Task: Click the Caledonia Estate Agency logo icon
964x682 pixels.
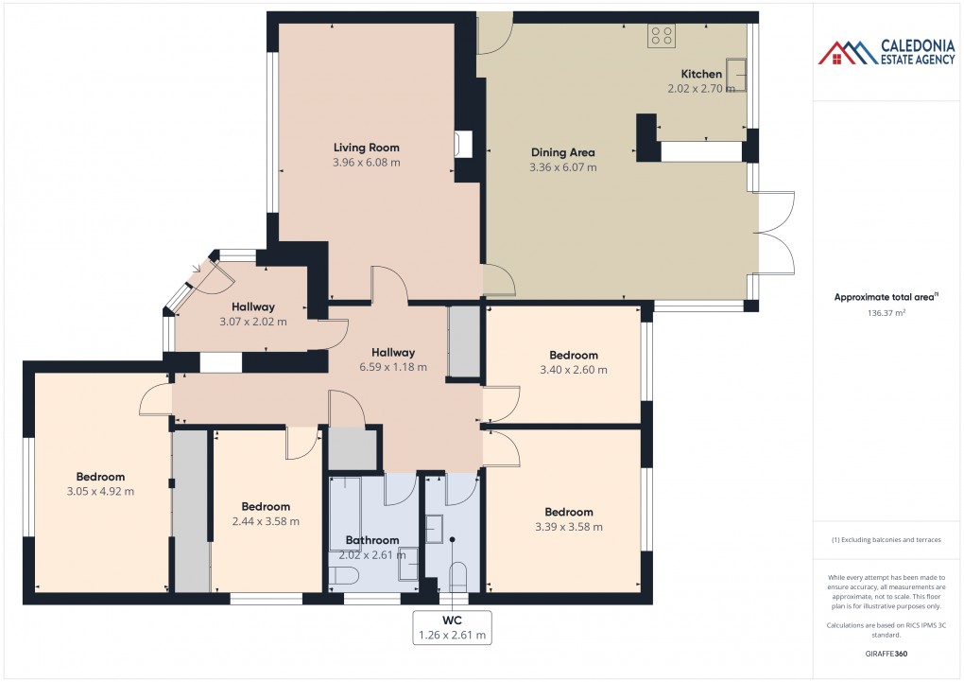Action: (x=848, y=52)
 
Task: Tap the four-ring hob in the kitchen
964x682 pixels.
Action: (x=661, y=36)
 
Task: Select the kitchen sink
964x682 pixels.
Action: (x=736, y=75)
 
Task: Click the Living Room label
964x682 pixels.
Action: (x=366, y=148)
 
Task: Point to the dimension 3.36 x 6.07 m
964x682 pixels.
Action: (x=563, y=167)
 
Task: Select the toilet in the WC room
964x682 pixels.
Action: (x=458, y=576)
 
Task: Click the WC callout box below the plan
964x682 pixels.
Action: (x=452, y=627)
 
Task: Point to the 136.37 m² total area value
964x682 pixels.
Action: (x=887, y=313)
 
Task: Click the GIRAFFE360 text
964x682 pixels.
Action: (x=887, y=654)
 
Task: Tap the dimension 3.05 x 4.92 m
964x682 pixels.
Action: (x=100, y=492)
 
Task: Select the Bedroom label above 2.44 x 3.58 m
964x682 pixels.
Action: (x=266, y=506)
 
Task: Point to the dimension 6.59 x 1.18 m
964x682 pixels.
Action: (x=392, y=367)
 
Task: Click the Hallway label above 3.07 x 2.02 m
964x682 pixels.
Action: (x=252, y=306)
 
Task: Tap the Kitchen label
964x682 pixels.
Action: (x=701, y=74)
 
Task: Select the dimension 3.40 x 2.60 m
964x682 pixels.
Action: (x=573, y=370)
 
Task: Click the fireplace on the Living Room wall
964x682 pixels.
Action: (x=463, y=143)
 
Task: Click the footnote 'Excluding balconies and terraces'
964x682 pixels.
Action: (x=887, y=540)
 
